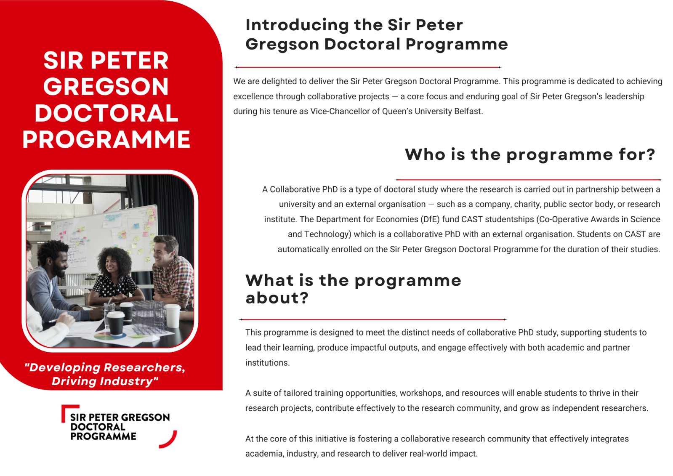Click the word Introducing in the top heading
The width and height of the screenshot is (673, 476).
[x=297, y=26]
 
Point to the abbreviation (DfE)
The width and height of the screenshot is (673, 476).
[x=430, y=219]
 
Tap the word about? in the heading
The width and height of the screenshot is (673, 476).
[x=277, y=298]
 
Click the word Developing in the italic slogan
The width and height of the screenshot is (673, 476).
[x=65, y=368]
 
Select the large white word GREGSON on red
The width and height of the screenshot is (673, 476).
[x=106, y=87]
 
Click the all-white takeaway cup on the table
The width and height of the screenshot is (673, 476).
[x=173, y=316]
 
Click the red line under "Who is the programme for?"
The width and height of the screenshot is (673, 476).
[x=529, y=180]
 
